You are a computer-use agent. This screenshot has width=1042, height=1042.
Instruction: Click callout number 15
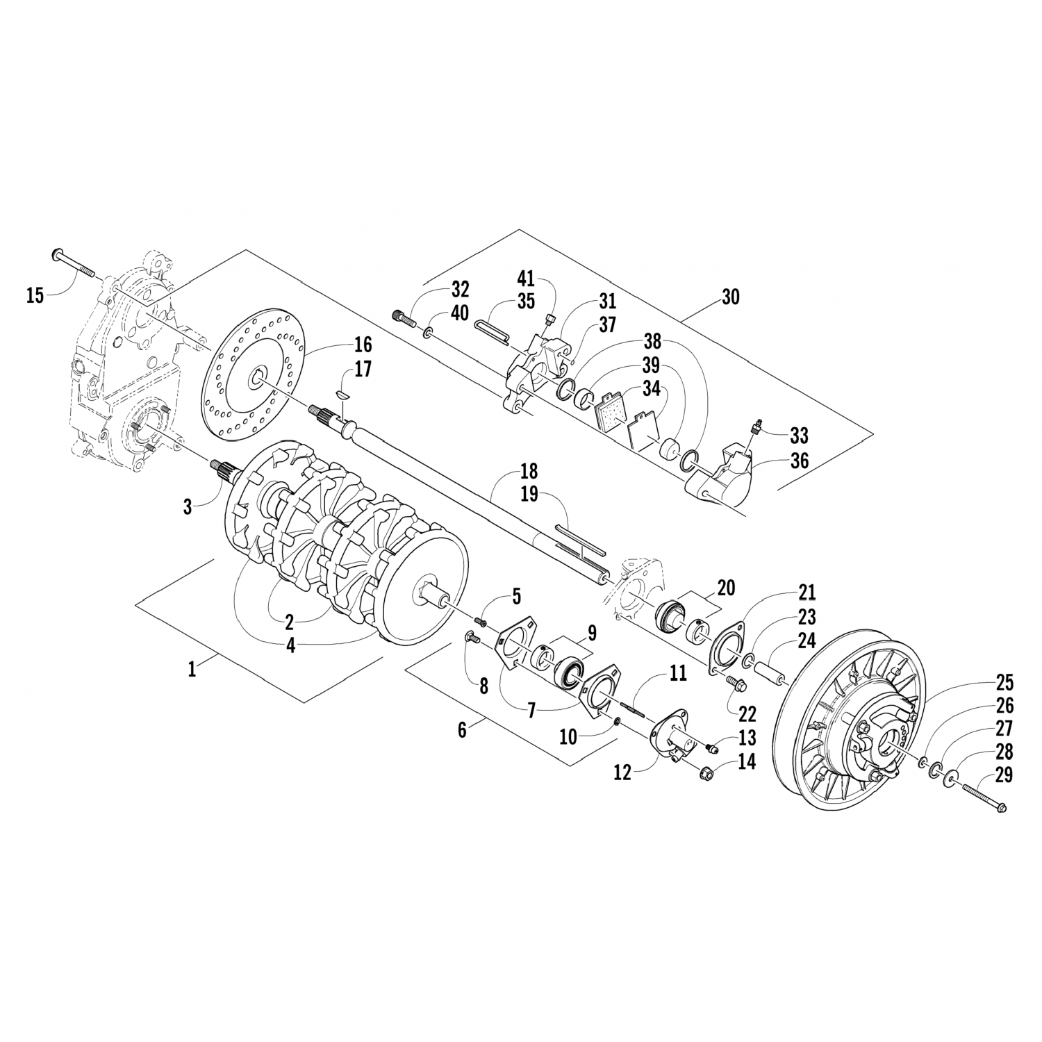click(x=35, y=296)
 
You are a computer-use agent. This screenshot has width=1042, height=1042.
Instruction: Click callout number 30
click(x=730, y=297)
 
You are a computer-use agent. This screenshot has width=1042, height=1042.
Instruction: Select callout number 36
click(x=800, y=461)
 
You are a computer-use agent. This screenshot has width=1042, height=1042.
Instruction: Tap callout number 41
click(x=526, y=280)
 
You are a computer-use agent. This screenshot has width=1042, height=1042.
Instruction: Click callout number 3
click(x=188, y=506)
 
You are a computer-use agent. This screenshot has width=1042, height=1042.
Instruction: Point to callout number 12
click(x=622, y=772)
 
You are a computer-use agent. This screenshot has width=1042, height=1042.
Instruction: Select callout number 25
click(x=1004, y=683)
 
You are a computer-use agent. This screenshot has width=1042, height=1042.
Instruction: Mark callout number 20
click(x=727, y=588)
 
